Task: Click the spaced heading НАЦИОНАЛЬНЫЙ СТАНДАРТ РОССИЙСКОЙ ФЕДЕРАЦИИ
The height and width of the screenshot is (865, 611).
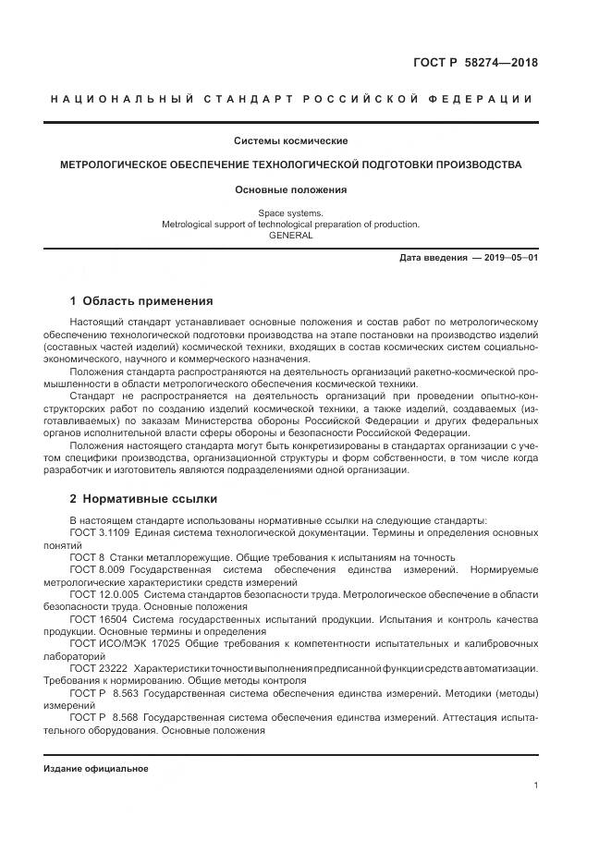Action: coord(290,99)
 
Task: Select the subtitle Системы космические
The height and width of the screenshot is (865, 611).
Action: coord(290,141)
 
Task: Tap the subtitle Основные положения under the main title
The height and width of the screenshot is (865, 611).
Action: coord(290,189)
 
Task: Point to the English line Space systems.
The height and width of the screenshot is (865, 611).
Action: coord(290,213)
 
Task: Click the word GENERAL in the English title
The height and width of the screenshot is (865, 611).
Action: coord(290,235)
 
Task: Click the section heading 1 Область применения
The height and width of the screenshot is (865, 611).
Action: coord(141,301)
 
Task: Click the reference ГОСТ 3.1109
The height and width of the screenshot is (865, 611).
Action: coord(100,533)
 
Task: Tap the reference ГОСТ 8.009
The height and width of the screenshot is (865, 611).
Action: coord(95,570)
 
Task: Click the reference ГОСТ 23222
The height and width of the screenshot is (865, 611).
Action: coord(98,667)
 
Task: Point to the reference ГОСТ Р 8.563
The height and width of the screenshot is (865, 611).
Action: coord(102,691)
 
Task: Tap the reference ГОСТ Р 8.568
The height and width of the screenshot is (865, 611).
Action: coord(102,716)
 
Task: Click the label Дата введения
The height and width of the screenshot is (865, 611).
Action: coord(433,258)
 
